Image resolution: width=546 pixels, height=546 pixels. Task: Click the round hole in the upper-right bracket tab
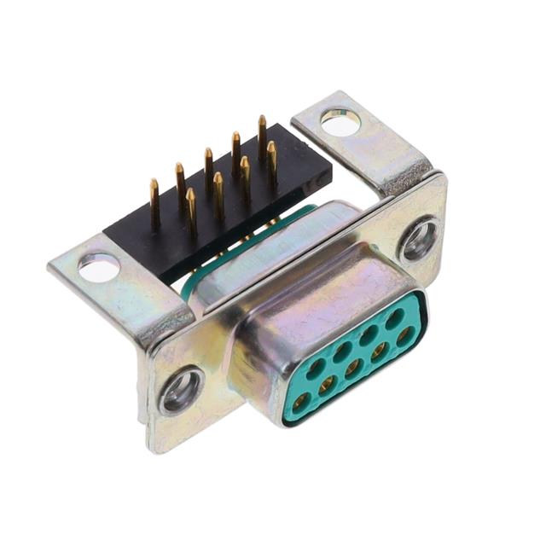pos(340,123)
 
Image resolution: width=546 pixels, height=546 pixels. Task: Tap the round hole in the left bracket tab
pos(99,269)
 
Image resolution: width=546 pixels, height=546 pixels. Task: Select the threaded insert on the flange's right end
pos(420,240)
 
